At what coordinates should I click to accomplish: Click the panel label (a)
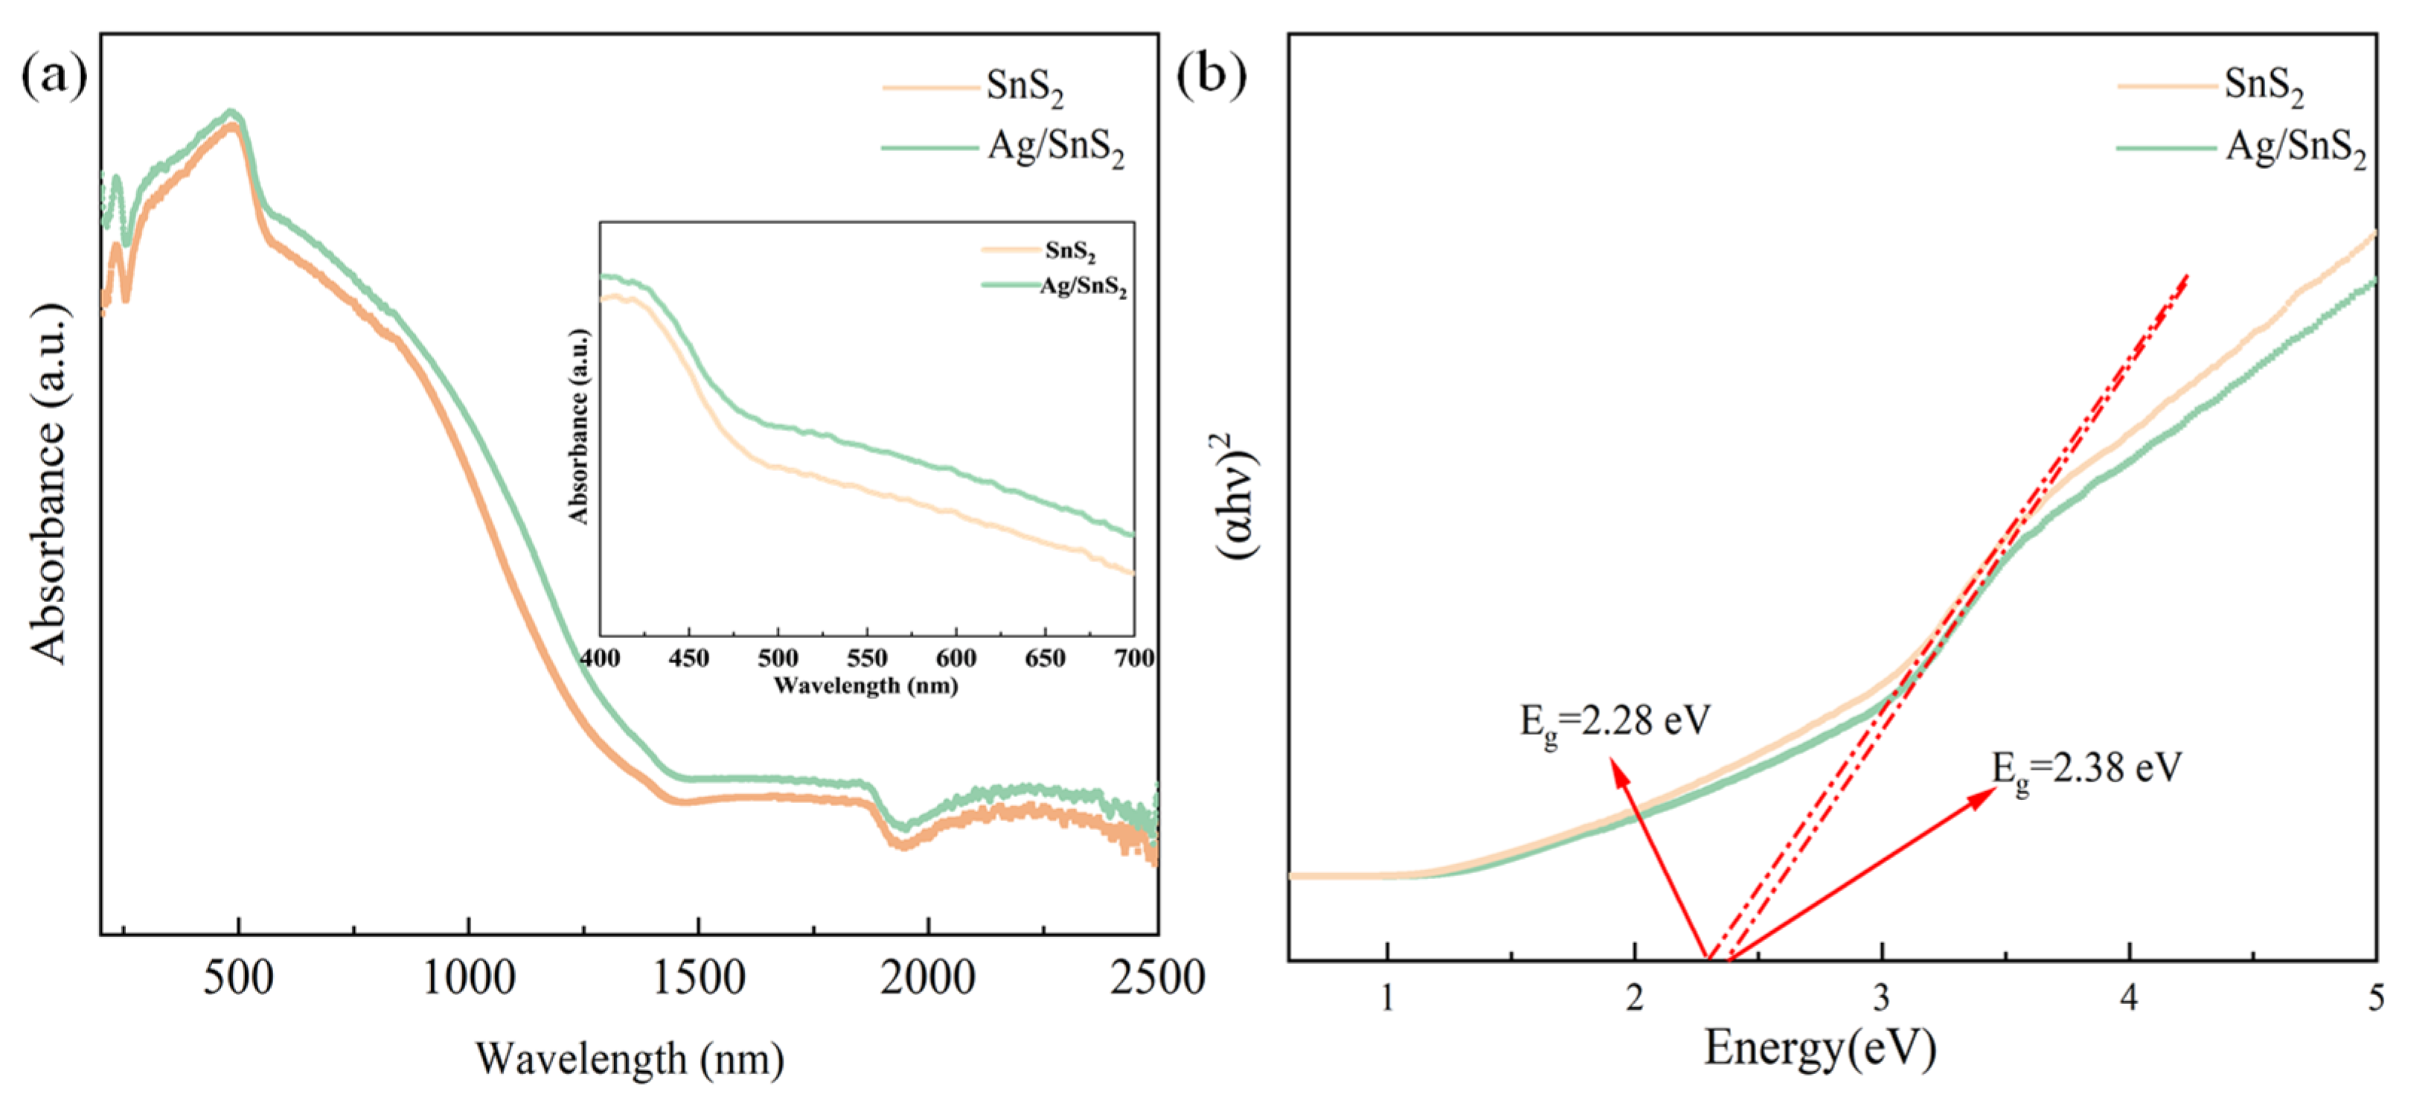[x=54, y=76]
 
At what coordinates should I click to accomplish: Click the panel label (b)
[x=1211, y=75]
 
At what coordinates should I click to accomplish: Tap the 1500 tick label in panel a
[x=698, y=979]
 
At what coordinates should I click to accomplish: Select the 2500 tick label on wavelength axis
[x=1157, y=979]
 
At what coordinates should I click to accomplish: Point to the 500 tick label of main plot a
[x=239, y=979]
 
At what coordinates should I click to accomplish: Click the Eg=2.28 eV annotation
[x=1615, y=723]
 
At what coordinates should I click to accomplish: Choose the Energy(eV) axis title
[x=1819, y=1048]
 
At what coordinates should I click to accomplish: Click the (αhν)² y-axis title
[x=1238, y=496]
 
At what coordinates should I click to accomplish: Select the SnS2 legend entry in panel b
[x=2263, y=86]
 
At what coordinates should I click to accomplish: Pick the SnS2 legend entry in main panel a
[x=1025, y=88]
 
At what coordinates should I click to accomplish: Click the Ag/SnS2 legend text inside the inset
[x=1083, y=287]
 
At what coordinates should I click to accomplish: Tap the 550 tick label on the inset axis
[x=865, y=659]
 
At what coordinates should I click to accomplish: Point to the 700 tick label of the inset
[x=1134, y=659]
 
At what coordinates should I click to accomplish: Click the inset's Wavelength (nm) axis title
[x=865, y=686]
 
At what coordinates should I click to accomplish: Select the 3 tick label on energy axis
[x=1881, y=1000]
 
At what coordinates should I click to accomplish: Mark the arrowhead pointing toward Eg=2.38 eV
[x=1984, y=796]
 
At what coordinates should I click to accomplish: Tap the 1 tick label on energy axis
[x=1387, y=1000]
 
